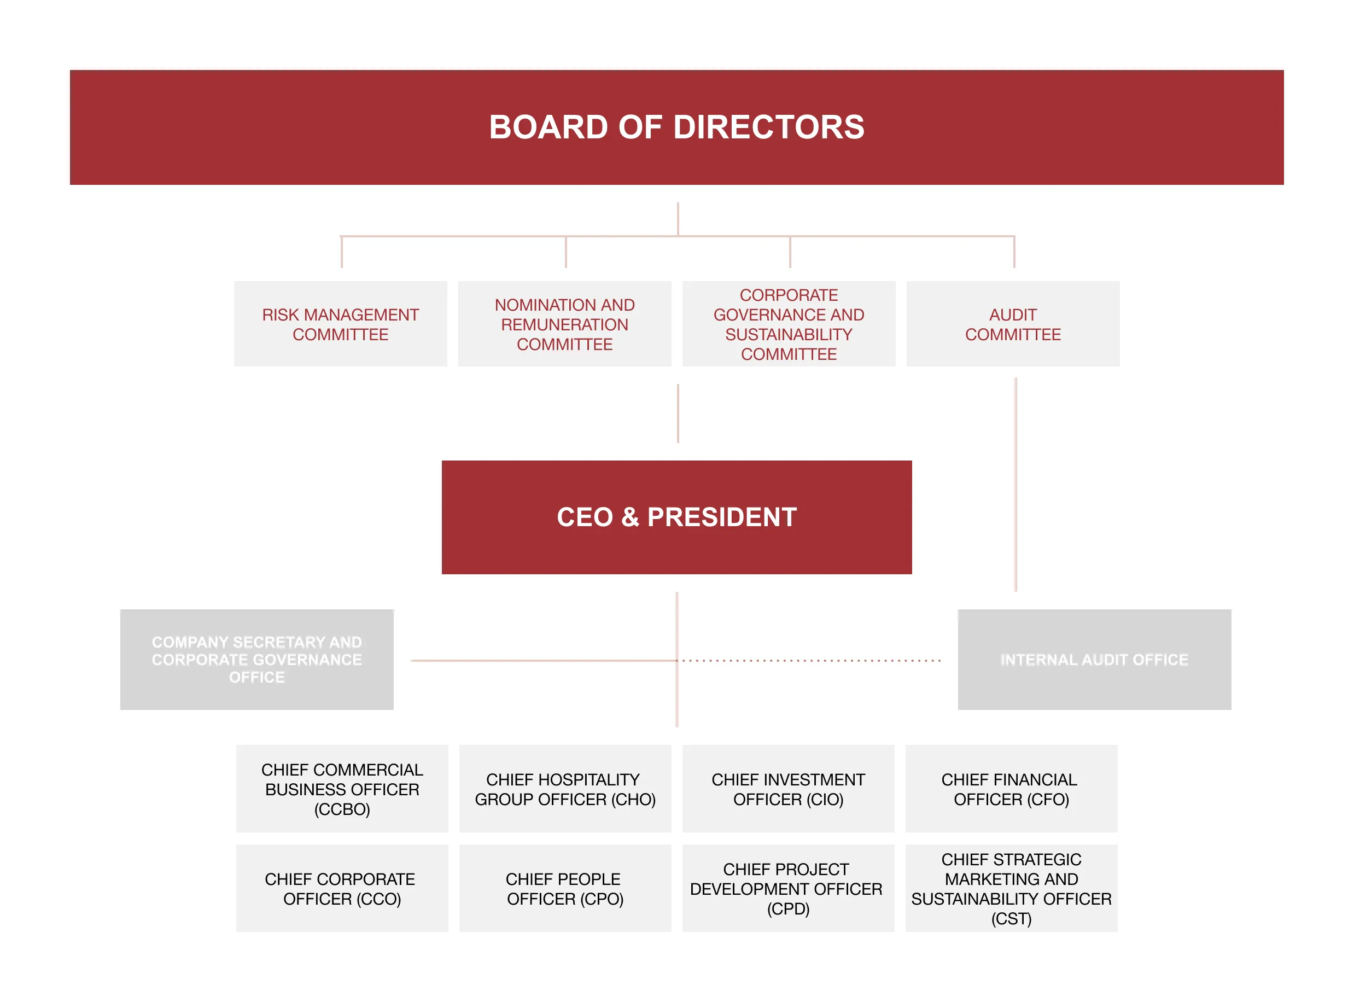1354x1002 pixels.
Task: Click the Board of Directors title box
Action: pos(676,127)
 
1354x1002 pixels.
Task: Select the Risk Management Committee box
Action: pos(340,324)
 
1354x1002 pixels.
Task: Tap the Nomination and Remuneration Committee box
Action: pos(564,324)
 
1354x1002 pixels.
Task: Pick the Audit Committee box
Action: pos(1013,324)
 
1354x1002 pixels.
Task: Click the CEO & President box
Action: pos(676,517)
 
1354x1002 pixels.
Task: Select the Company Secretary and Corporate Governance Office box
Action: pos(256,659)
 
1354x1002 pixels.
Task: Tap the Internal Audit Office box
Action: pos(1094,659)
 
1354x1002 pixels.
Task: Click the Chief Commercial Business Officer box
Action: pos(342,789)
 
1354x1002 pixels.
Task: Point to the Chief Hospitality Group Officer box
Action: pos(564,789)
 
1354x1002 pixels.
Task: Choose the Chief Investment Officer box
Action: pos(787,789)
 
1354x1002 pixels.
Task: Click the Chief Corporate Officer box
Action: pos(342,888)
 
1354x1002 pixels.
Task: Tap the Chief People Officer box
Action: pos(564,888)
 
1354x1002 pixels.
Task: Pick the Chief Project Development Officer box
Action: pos(787,888)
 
